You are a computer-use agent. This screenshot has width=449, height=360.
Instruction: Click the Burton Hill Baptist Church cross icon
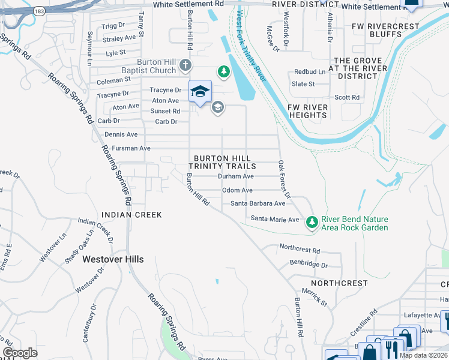[x=186, y=65]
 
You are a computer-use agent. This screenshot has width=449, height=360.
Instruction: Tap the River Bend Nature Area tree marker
[x=312, y=223]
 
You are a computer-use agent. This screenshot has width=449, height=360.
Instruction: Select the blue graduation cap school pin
[x=200, y=92]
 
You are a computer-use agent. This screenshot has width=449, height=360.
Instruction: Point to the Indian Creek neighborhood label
[x=131, y=214]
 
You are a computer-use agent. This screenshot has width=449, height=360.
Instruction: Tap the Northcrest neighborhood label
[x=339, y=283]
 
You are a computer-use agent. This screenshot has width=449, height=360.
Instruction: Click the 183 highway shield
[x=40, y=11]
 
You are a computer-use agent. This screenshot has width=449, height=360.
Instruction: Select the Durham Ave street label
[x=235, y=176]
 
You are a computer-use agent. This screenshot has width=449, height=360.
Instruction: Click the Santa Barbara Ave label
[x=258, y=203]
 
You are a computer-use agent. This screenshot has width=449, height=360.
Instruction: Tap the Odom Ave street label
[x=237, y=190]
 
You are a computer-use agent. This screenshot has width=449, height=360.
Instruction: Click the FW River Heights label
[x=308, y=111]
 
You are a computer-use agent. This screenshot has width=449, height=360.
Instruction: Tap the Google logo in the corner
[x=20, y=352]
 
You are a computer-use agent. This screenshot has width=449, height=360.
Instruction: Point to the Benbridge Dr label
[x=309, y=264]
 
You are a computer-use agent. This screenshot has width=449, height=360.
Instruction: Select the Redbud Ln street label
[x=309, y=72]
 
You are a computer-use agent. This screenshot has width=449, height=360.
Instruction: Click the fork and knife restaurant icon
[x=391, y=349]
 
